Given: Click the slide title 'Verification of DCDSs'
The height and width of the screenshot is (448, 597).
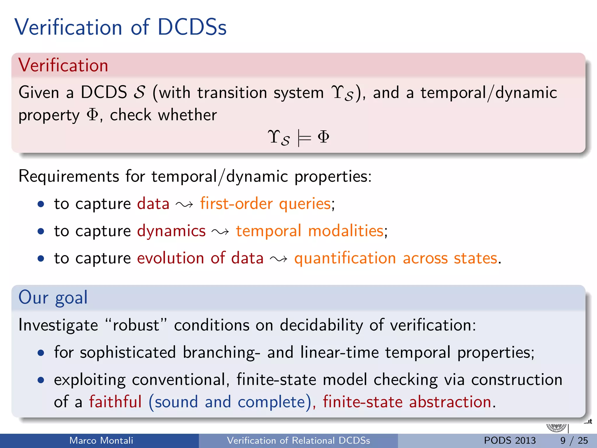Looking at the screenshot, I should coord(120,27).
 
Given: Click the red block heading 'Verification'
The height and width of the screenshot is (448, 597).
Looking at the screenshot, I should coord(63,65).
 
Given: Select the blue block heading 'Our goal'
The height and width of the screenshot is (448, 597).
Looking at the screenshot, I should coord(53,297).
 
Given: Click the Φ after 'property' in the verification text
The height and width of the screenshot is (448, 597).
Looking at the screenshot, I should coord(93,115).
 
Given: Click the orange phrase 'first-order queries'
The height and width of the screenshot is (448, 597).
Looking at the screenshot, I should coord(265,204).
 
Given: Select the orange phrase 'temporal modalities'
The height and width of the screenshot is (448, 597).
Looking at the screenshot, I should coord(310,231).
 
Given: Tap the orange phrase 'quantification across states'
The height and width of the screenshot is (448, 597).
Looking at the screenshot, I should coord(396,258).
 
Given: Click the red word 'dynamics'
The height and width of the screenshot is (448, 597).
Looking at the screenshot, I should coord(171,231).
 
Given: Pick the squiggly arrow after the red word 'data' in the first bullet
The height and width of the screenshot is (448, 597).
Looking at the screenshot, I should coord(184,204).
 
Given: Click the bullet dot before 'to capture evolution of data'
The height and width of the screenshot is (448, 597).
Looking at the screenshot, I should coord(41,258).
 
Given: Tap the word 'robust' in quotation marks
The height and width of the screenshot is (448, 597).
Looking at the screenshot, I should coord(136,325).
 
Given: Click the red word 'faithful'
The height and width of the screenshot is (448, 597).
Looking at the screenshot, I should coord(115,402).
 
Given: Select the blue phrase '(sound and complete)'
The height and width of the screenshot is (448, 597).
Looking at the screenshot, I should coord(230,402).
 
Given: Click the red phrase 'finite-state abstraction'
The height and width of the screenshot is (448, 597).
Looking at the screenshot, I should coord(407,402).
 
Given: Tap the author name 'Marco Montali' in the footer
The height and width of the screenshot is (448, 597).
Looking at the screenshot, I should coord(101,440).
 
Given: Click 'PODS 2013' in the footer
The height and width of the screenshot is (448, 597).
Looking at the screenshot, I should coord(510,440).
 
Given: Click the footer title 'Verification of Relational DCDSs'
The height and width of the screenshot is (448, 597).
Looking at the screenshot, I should coord(298,440).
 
